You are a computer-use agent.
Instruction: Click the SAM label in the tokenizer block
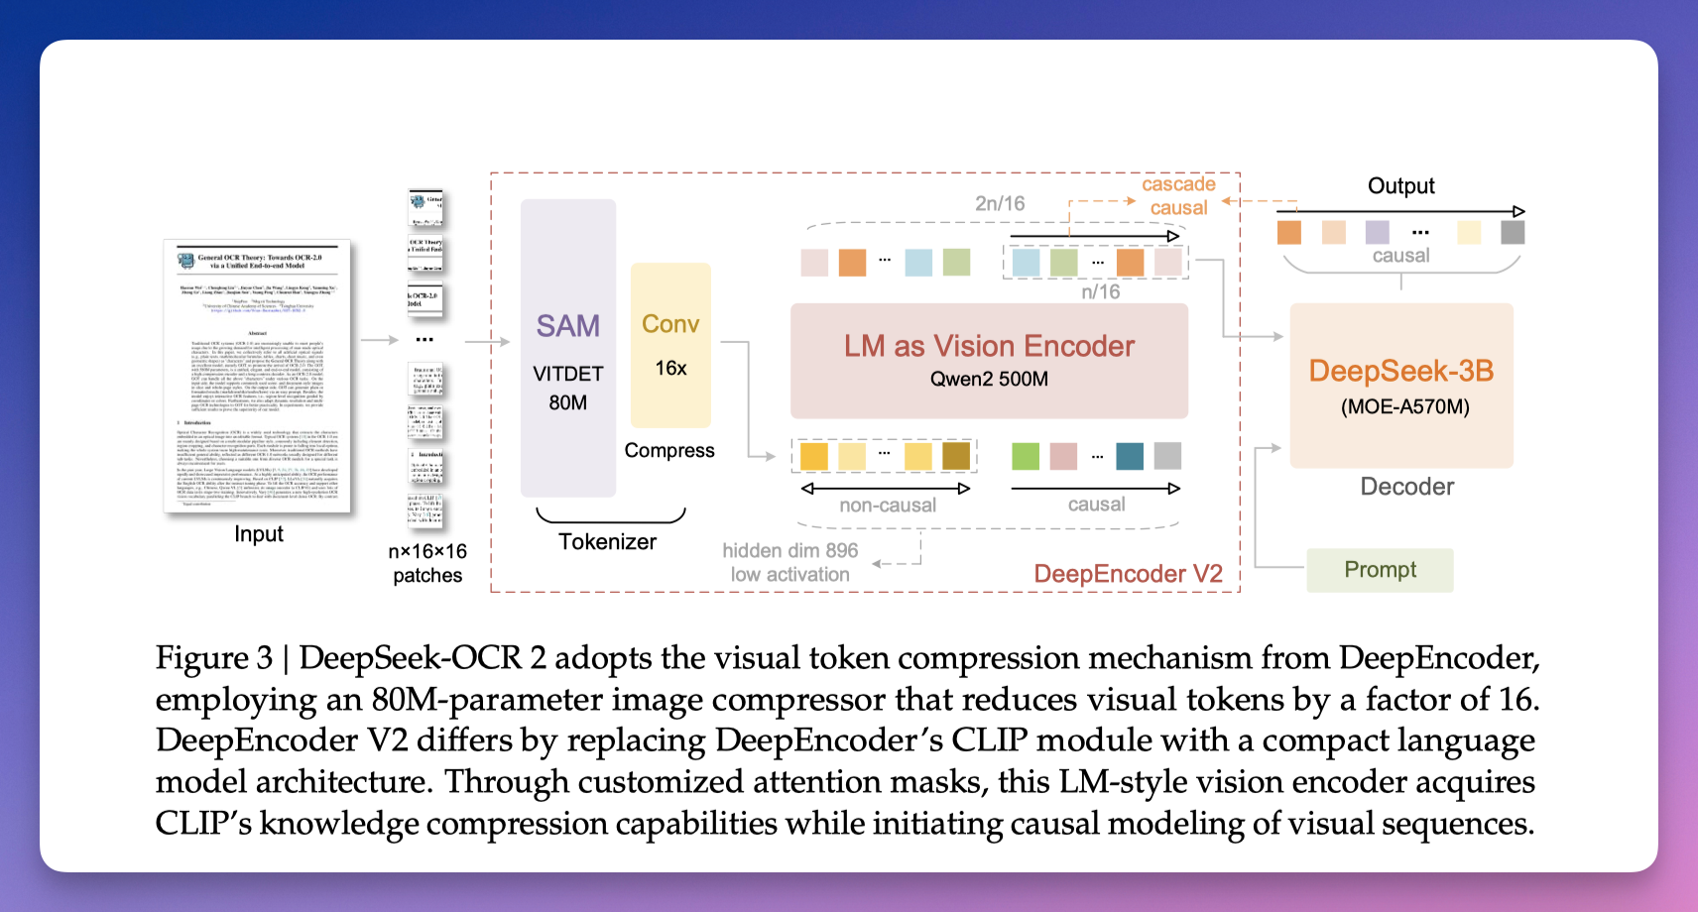click(x=567, y=326)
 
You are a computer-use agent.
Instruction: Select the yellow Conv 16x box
click(x=670, y=345)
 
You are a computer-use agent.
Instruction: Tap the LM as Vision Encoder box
click(x=989, y=360)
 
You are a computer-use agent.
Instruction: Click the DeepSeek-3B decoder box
click(x=1400, y=385)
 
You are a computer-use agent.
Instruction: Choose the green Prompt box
click(x=1380, y=570)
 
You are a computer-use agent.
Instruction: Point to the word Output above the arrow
click(x=1400, y=186)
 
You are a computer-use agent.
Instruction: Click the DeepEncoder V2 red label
click(x=1128, y=574)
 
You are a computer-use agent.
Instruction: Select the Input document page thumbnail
click(x=257, y=376)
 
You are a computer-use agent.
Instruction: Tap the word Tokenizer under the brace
click(x=607, y=542)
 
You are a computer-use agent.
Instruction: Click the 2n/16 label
click(x=1000, y=203)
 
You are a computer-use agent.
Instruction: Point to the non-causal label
click(x=888, y=506)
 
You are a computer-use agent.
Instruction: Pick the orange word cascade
click(x=1178, y=184)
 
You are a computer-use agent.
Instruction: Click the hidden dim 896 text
click(x=789, y=551)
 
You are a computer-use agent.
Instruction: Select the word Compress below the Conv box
click(x=669, y=451)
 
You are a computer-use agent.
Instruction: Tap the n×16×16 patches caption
click(x=427, y=563)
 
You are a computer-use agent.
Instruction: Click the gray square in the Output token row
click(x=1513, y=233)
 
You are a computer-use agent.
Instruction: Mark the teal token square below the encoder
click(x=1130, y=456)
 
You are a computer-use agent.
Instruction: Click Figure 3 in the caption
click(x=213, y=658)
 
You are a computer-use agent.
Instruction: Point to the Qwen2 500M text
click(x=989, y=379)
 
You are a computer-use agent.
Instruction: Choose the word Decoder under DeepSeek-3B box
click(x=1406, y=487)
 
